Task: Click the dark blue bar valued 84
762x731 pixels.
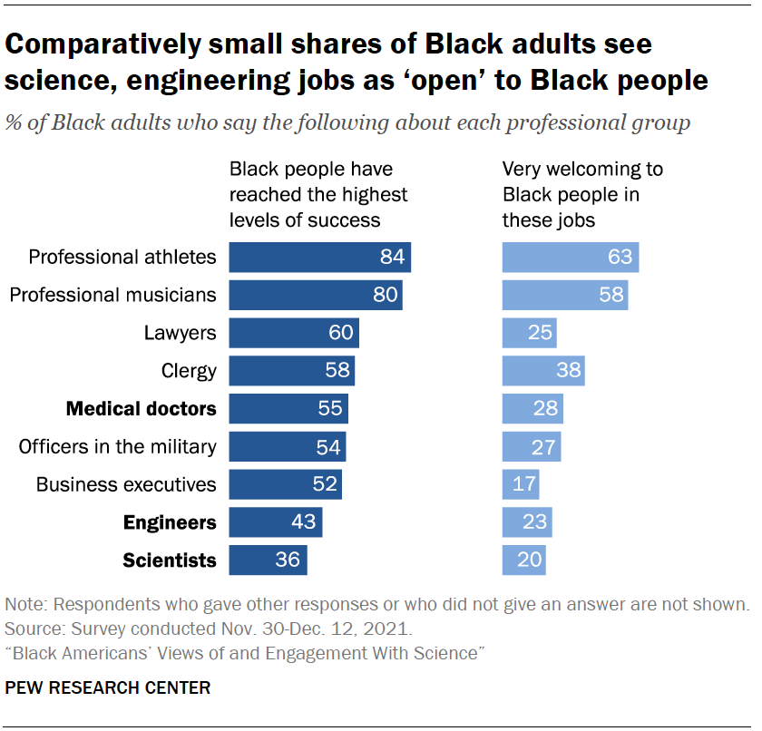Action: (x=319, y=258)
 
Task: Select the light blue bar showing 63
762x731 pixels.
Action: (x=571, y=258)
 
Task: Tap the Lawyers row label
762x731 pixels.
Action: (x=180, y=333)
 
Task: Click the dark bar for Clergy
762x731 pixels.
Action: (x=291, y=371)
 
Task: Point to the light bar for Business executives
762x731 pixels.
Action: (x=521, y=484)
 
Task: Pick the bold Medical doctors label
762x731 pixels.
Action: (x=142, y=409)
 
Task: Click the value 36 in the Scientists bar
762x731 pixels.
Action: (x=288, y=560)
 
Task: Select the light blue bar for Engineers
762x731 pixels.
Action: (x=527, y=522)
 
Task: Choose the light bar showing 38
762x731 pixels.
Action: (x=543, y=371)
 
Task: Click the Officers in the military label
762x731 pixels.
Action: (x=118, y=446)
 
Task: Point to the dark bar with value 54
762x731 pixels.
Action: (x=287, y=446)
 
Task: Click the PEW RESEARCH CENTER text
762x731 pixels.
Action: (x=108, y=688)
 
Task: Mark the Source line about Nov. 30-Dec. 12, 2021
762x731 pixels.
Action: (x=209, y=629)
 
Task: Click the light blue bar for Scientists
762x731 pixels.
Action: (x=523, y=560)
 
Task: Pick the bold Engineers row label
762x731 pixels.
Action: (x=170, y=522)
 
